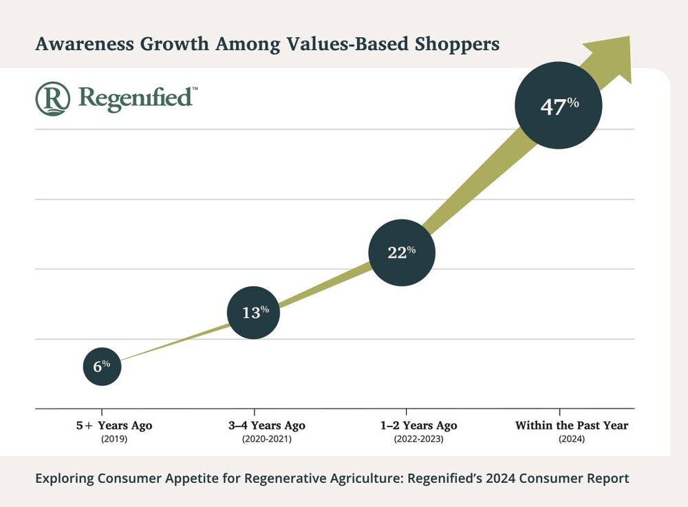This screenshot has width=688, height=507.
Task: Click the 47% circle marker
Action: coord(559,106)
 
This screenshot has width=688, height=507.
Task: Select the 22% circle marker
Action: coord(402,252)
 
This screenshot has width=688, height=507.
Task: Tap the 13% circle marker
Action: coord(254,312)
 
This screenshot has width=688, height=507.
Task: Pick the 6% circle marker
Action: coord(102,366)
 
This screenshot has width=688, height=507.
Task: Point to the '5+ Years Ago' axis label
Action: coord(114,426)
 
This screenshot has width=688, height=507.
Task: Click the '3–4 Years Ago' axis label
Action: coord(267,426)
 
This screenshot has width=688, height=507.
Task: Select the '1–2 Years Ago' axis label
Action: coord(420,426)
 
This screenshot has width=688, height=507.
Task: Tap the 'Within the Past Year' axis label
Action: coord(572,426)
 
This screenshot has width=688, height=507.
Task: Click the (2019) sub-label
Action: coord(114,439)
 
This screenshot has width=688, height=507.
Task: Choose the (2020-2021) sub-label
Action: coord(267,439)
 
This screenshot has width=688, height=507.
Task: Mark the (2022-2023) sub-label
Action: coord(420,439)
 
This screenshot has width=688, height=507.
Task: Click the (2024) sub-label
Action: coord(572,439)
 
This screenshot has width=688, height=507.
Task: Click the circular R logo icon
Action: coord(53,98)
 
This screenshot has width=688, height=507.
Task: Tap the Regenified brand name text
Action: coord(136,98)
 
